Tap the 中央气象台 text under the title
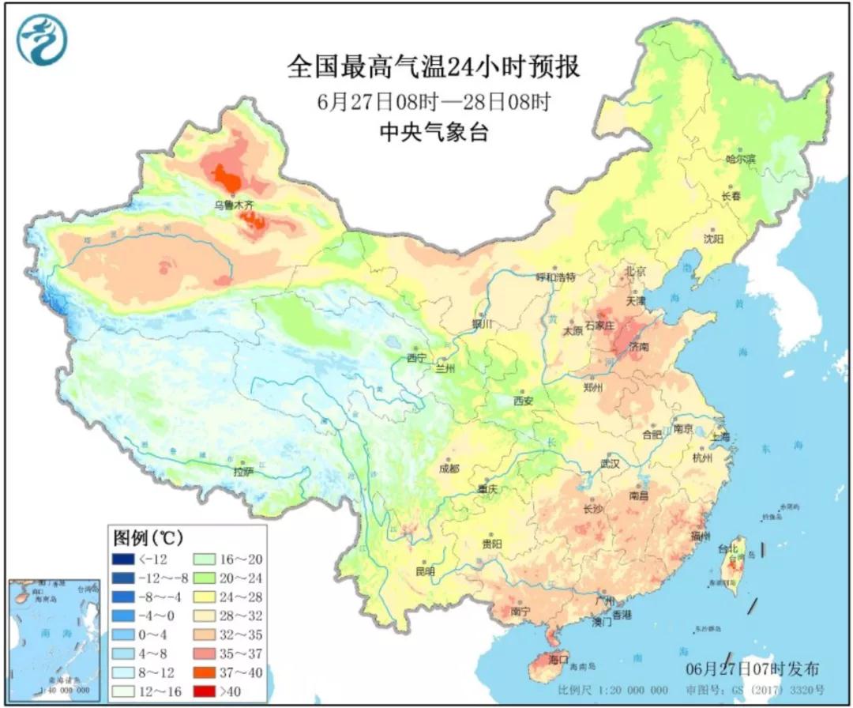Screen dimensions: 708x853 (x=433, y=132)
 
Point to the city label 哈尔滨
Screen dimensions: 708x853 (x=741, y=159)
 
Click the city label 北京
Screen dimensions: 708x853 (x=636, y=271)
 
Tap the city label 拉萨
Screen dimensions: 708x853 (x=243, y=472)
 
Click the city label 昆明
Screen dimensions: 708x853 (x=424, y=571)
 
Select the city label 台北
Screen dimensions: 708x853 (x=727, y=548)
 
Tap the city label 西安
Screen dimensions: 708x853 (x=524, y=401)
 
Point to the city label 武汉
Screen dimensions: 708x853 (x=610, y=463)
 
